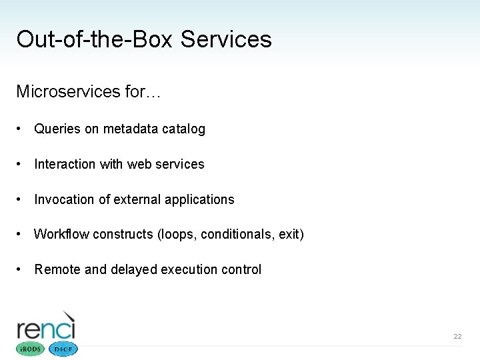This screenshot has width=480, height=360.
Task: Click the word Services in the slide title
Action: coord(226,39)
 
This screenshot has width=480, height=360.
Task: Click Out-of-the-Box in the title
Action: coord(95,39)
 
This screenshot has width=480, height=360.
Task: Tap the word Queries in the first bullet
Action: coord(57,129)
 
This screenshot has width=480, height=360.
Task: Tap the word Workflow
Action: coord(61,234)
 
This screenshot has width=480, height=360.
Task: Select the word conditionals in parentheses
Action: coord(236,235)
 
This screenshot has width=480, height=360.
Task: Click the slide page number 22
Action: coord(457,337)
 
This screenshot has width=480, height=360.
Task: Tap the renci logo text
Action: coord(46,328)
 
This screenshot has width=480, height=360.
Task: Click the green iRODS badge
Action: coord(29,349)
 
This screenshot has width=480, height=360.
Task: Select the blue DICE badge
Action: coord(63,349)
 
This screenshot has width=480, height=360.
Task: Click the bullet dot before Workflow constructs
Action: coord(21,234)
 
